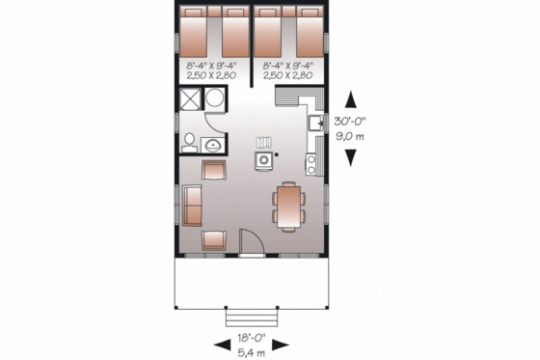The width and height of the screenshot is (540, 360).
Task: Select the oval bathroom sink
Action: point(212,146)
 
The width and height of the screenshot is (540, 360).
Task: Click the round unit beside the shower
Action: point(214,98)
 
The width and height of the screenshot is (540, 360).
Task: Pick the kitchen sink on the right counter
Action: point(314,124)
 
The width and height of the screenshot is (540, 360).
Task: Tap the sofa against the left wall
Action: point(193,205)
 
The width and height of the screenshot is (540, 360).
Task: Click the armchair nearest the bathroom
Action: point(213,171)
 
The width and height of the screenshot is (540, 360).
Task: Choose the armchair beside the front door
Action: point(213,241)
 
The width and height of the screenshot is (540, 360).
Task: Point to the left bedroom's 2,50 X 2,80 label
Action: point(211,74)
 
